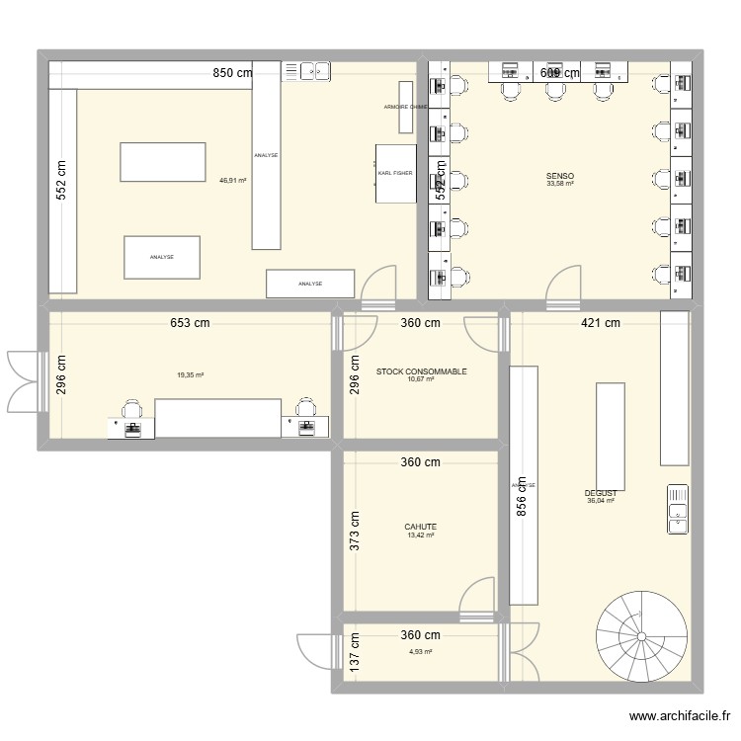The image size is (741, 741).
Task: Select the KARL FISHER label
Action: [394, 173]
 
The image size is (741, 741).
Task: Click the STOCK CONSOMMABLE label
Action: [421, 371]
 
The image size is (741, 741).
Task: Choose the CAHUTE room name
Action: [421, 527]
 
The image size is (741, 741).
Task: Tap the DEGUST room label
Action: [601, 493]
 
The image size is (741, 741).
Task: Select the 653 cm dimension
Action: [189, 323]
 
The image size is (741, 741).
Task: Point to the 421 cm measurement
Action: [600, 323]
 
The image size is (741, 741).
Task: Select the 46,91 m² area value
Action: [233, 181]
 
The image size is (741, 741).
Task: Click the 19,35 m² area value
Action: [190, 375]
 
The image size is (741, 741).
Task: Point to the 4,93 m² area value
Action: [421, 651]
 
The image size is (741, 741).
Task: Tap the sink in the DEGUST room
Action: [678, 509]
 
